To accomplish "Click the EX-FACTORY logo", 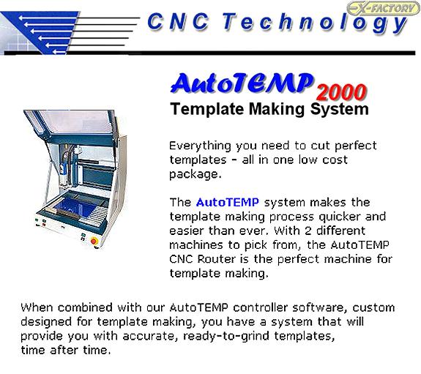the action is (384, 8).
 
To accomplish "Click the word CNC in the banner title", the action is (178, 21).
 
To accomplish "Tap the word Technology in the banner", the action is (314, 23).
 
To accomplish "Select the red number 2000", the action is (341, 92).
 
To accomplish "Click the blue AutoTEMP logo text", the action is (242, 83).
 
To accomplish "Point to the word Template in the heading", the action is (206, 109).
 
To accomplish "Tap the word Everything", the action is (200, 146).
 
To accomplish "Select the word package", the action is (195, 175).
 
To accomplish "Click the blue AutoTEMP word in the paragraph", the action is (228, 202).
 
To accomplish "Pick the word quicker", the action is (340, 217).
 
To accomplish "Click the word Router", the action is (217, 259).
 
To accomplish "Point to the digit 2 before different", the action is (308, 231).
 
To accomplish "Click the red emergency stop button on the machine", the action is (94, 241).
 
